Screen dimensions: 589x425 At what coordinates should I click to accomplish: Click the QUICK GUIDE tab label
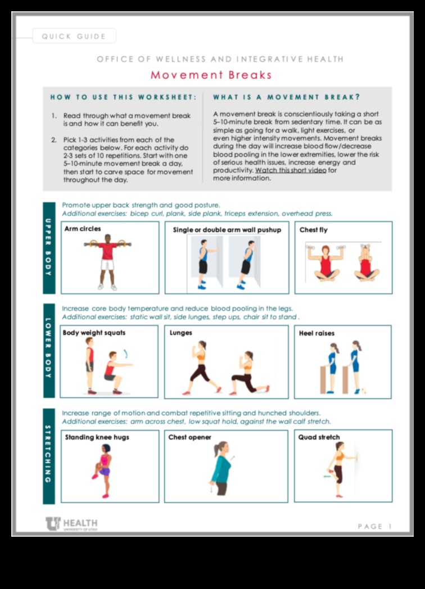tap(74, 37)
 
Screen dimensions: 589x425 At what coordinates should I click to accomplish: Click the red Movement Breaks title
tap(211, 75)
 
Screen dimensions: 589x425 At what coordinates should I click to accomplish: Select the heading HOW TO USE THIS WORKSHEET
tap(123, 97)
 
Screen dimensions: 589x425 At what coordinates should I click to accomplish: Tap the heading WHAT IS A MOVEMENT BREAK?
tap(287, 97)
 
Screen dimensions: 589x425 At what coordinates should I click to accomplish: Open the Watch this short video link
tap(290, 170)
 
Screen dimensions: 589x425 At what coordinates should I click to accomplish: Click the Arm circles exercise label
tap(83, 229)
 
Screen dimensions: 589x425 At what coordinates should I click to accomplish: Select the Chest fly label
tap(313, 230)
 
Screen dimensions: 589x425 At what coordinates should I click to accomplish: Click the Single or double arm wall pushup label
tap(227, 230)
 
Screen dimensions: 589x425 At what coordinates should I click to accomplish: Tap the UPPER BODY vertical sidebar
tap(49, 247)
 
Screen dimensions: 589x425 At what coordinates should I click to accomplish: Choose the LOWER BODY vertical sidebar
tap(49, 351)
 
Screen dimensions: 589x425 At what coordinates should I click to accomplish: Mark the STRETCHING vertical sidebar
tap(49, 456)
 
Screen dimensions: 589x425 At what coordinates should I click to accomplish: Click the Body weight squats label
tap(94, 333)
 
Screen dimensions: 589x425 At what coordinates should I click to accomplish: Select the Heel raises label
tap(317, 333)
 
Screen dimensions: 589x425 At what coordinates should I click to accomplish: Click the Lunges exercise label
tap(181, 333)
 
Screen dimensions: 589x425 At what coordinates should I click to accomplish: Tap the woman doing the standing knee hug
tap(104, 470)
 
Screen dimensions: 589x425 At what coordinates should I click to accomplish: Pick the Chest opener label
tap(190, 437)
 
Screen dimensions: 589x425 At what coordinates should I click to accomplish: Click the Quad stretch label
tap(319, 437)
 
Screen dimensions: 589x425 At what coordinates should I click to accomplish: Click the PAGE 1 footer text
tap(374, 526)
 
